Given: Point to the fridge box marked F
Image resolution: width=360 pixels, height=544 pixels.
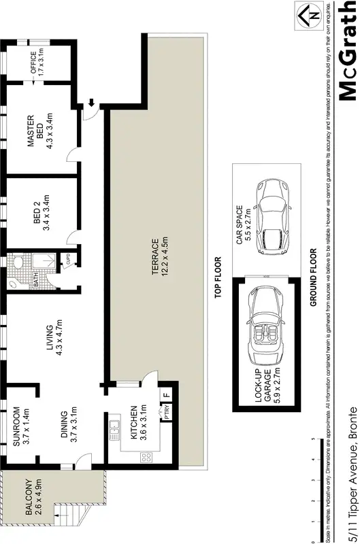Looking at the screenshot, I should pos(165,394).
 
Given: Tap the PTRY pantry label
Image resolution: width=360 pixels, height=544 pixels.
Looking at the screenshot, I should pos(165,412).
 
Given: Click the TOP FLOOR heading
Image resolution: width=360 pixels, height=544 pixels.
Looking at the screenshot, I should pos(219,277).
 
